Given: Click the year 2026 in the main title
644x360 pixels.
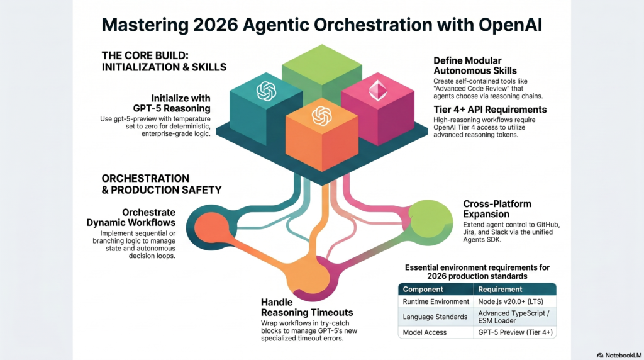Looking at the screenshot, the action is [216, 25].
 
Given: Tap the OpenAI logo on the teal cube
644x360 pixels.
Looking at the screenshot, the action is [266, 91].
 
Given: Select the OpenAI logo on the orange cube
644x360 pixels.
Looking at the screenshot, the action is [321, 116].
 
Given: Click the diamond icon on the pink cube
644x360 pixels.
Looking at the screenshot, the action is [377, 90].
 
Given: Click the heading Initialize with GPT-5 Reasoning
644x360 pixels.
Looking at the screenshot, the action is [172, 103].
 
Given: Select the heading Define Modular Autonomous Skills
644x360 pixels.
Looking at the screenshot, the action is [475, 65].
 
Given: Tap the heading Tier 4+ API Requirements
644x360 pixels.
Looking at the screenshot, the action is [490, 110].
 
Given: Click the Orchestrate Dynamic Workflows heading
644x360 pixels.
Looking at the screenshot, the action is [131, 217].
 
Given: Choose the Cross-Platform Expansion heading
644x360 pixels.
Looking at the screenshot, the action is [497, 209].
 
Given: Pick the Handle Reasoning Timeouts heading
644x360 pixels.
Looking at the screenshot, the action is [307, 307].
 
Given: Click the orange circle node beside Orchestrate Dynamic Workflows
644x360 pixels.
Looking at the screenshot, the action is [211, 227].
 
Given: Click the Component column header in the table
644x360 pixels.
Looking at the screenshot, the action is [423, 290].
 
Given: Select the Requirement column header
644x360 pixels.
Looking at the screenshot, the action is [500, 290].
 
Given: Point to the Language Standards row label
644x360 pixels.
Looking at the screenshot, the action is [435, 317].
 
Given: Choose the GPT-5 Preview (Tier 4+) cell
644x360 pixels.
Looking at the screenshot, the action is [515, 332].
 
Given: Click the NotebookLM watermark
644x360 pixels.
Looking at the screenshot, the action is [619, 356].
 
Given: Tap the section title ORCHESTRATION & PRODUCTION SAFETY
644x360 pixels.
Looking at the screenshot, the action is [162, 184].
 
